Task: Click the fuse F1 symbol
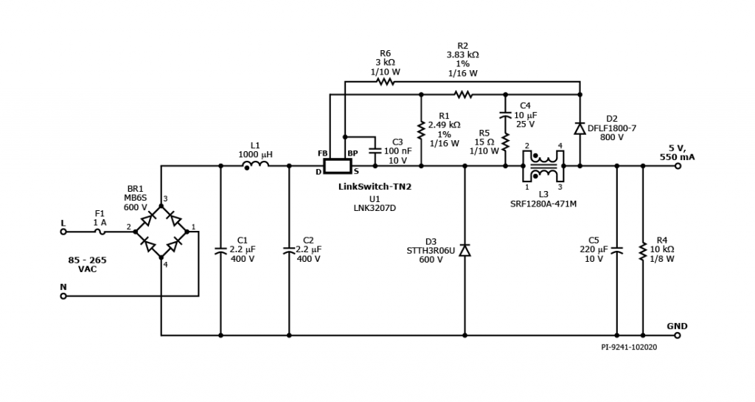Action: (100, 232)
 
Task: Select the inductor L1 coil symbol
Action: (255, 166)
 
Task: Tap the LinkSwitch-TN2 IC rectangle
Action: (339, 166)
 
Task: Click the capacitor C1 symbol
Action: (220, 251)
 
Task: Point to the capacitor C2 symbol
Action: (289, 251)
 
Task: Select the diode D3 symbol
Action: (465, 251)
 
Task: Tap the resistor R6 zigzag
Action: (385, 81)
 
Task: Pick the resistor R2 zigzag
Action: (463, 94)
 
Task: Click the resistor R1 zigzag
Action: (421, 131)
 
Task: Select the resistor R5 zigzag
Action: (506, 140)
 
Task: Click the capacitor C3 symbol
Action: (375, 151)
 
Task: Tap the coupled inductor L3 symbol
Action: (544, 166)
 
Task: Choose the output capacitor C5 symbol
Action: (617, 251)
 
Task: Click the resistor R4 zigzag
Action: (643, 251)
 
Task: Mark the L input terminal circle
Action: (63, 232)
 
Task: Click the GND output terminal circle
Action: (678, 336)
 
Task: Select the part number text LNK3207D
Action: (374, 208)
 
